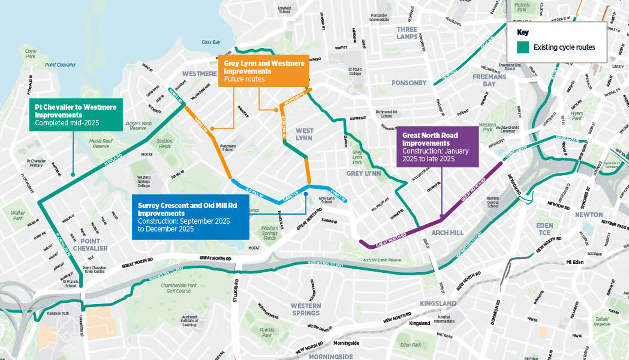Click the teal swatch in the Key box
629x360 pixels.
[522, 47]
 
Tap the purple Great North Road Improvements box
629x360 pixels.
[437, 146]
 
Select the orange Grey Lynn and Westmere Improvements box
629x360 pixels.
[263, 70]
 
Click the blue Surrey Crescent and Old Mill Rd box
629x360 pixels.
[190, 217]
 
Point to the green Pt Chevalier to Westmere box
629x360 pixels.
[76, 115]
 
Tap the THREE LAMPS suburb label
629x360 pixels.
[407, 33]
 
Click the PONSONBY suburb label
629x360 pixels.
[409, 83]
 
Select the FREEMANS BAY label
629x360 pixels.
[489, 80]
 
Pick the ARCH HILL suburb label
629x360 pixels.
[447, 233]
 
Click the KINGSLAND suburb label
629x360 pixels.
[438, 303]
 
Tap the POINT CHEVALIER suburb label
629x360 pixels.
[90, 245]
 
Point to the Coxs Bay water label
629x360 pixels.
[211, 42]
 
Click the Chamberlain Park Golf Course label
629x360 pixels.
[179, 288]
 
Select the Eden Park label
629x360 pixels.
[411, 344]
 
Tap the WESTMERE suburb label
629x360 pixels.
[200, 74]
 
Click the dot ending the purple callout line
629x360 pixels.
[442, 216]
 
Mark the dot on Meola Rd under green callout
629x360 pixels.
[73, 174]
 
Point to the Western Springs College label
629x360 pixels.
[143, 181]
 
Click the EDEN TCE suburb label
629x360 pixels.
[545, 229]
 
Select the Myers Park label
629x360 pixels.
[577, 115]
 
